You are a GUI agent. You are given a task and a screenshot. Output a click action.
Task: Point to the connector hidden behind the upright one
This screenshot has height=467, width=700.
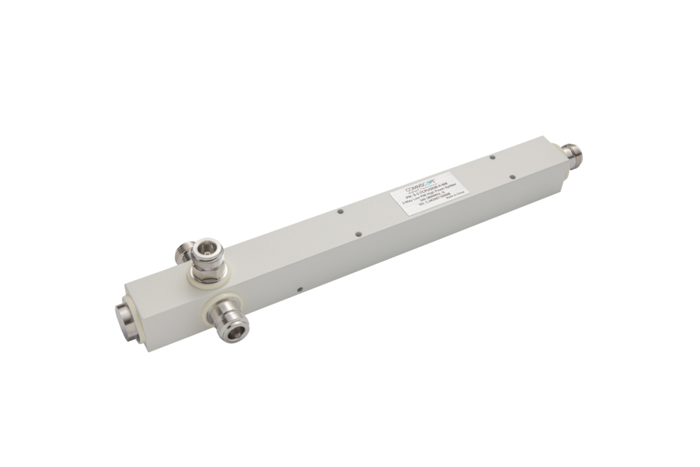181,253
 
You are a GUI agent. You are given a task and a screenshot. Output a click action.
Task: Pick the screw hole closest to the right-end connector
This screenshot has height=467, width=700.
511,176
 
